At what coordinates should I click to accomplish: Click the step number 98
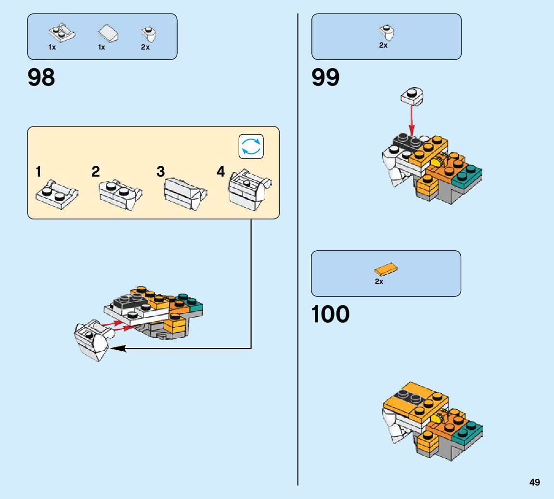click(41, 77)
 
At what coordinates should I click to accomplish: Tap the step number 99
click(325, 77)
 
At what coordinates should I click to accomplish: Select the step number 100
click(330, 314)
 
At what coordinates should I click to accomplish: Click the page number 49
click(534, 482)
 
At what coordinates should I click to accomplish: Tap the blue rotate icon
click(251, 146)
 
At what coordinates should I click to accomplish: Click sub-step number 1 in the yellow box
click(39, 171)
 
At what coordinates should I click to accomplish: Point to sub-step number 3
click(161, 171)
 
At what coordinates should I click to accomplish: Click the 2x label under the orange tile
click(379, 281)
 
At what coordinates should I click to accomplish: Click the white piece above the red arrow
click(412, 95)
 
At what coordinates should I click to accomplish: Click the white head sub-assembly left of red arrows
click(92, 341)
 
